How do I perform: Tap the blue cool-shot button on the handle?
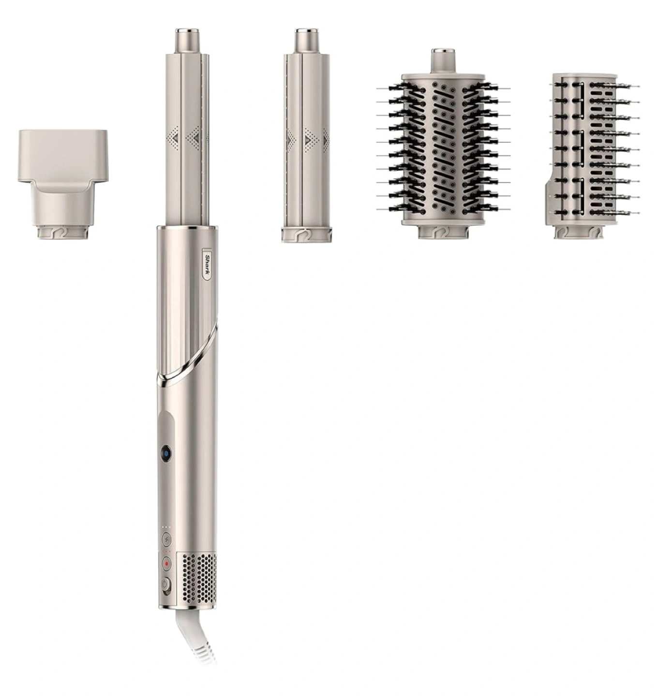165,454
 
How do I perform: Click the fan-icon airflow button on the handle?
166,538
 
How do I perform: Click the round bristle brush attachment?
443,144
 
